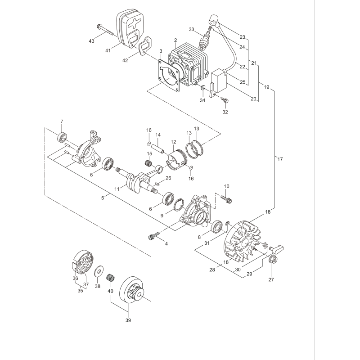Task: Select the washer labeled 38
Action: pyautogui.click(x=98, y=272)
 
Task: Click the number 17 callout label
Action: pyautogui.click(x=280, y=158)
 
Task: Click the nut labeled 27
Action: pyautogui.click(x=272, y=259)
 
